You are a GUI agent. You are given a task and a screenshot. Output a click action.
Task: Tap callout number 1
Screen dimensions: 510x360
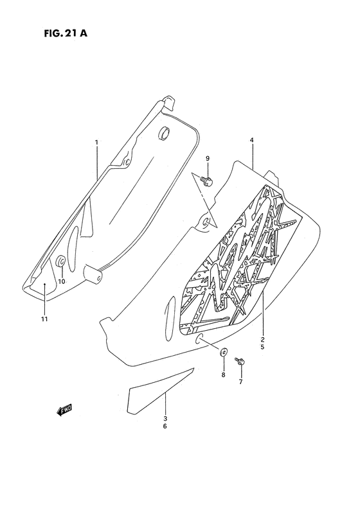tap(96, 142)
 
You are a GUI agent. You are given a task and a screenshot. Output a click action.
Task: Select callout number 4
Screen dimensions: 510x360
tap(252, 139)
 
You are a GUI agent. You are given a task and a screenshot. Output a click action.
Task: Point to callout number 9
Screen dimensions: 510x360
tap(208, 158)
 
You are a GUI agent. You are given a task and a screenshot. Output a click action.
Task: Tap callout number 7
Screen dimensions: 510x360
tap(240, 382)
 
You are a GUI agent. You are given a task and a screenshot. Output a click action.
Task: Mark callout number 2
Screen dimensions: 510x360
tap(262, 338)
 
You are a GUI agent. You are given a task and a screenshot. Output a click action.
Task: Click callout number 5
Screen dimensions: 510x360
tap(262, 347)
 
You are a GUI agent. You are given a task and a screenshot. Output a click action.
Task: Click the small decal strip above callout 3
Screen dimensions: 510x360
tap(152, 392)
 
